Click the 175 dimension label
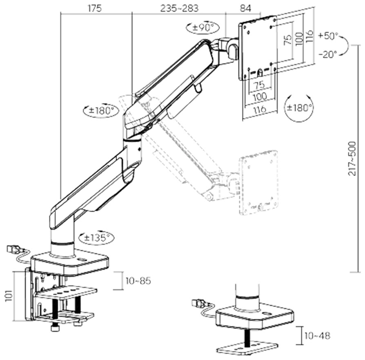coord(94,9)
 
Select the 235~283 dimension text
coord(179,9)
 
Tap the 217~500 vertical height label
coord(352,159)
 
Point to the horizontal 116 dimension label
coord(260,109)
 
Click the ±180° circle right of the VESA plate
coord(299,107)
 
